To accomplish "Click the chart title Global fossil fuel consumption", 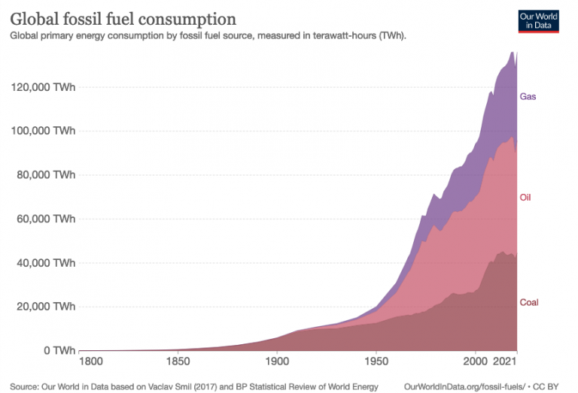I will click(x=123, y=18).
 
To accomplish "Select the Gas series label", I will click(x=528, y=97).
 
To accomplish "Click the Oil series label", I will click(x=526, y=198).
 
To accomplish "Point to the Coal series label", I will click(x=528, y=303).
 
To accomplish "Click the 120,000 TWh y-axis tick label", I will click(x=43, y=87).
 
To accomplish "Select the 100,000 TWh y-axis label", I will click(x=43, y=131).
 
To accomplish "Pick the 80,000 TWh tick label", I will click(x=45, y=175).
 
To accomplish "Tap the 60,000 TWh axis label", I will click(x=45, y=219).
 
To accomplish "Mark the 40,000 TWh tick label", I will click(x=45, y=263).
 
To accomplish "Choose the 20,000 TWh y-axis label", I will click(x=45, y=307).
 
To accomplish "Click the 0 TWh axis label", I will click(x=57, y=351).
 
